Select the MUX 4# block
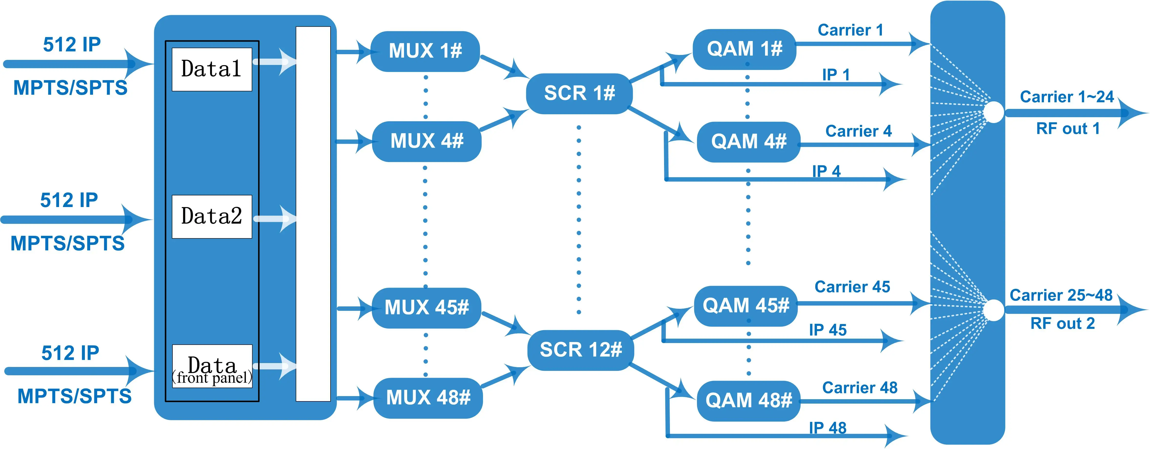click(x=426, y=141)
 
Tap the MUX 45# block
click(x=426, y=307)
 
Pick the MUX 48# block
click(x=428, y=398)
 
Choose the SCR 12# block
click(x=580, y=350)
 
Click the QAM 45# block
click(x=746, y=306)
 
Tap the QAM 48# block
click(x=748, y=400)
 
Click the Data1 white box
click(x=212, y=69)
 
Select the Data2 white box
click(x=212, y=216)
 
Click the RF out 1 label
click(x=1067, y=129)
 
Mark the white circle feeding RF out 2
click(x=994, y=310)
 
